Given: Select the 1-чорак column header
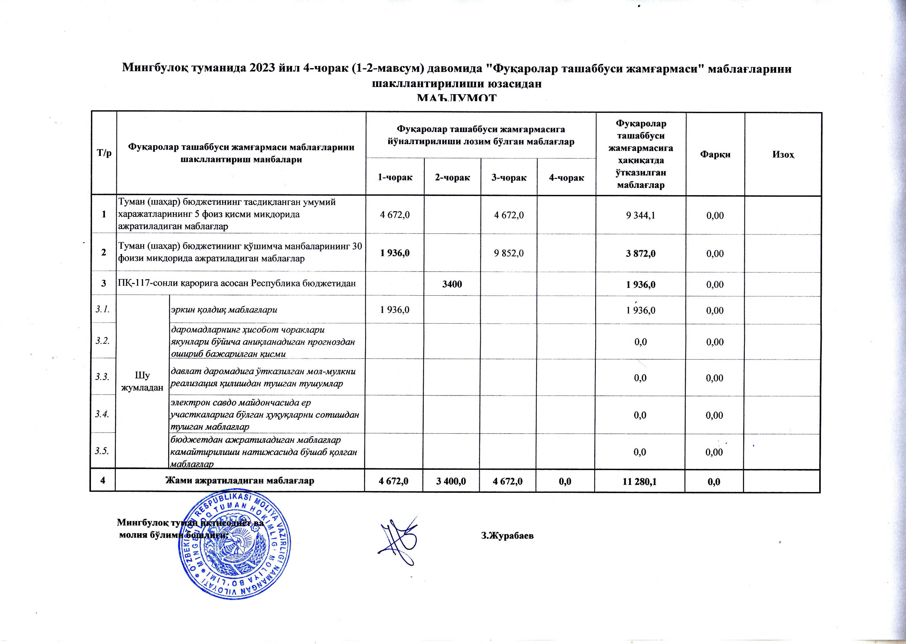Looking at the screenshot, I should coord(395,178).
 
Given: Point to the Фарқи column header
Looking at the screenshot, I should coord(715,154).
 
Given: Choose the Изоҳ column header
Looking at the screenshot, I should coord(783,154).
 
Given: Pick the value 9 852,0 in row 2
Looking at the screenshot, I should coord(508,253).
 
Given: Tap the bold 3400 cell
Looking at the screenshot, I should coord(452,284).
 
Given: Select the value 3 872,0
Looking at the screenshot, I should coord(640,253).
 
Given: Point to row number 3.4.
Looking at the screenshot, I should coord(102,414).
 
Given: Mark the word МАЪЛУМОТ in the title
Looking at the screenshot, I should coord(457,98).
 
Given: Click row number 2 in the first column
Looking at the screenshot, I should coord(104,253).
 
